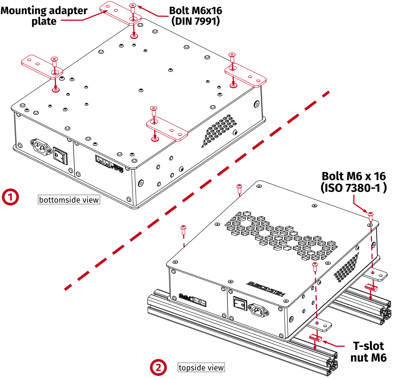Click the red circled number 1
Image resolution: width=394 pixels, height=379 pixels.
click(x=10, y=197)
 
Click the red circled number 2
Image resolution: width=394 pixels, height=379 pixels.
click(x=158, y=367)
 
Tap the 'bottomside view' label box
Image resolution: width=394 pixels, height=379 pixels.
click(x=69, y=200)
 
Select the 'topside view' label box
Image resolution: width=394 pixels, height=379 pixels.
click(x=201, y=367)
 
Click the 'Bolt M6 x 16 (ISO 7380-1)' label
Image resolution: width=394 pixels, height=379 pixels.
click(x=354, y=182)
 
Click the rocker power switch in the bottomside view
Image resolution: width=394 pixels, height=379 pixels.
click(x=60, y=156)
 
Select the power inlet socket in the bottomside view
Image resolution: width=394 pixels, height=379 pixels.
click(x=40, y=147)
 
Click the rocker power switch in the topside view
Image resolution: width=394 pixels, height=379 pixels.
click(x=240, y=304)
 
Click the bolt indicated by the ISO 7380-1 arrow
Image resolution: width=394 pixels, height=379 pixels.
click(x=371, y=214)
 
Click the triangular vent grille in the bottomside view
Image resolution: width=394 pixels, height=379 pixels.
click(x=219, y=130)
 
